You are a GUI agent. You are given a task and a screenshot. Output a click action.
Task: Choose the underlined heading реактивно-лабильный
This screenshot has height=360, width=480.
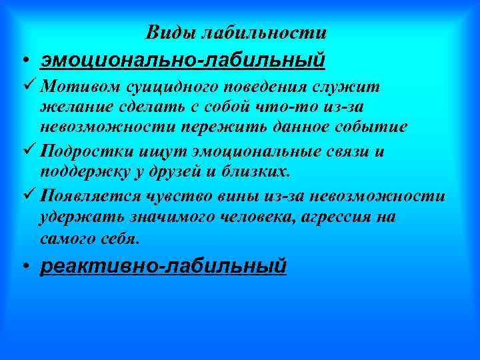163,266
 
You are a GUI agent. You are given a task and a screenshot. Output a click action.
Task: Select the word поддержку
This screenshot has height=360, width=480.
78,173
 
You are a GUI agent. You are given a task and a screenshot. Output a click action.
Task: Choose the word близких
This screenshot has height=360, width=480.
256,173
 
